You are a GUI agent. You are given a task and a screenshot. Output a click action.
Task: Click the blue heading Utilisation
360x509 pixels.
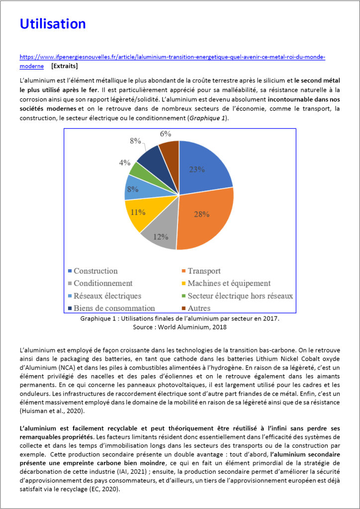point(52,23)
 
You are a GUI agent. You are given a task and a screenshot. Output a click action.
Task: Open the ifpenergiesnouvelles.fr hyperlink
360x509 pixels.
point(172,57)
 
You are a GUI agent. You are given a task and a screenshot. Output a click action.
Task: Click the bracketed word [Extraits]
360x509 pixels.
point(64,66)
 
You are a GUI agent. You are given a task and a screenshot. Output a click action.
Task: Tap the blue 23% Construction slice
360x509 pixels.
point(204,167)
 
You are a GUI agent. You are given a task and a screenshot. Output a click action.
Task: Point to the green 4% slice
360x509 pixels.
point(134,169)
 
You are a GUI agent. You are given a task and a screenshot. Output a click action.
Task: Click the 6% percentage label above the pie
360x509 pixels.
point(166,134)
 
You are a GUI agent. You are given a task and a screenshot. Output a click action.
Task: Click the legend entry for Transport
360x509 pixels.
point(204,271)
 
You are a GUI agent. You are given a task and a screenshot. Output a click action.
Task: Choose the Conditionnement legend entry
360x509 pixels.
point(103,283)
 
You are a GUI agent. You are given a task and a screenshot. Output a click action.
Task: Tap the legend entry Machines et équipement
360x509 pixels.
point(229,283)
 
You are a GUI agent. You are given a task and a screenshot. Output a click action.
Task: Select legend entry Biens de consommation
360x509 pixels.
point(114,308)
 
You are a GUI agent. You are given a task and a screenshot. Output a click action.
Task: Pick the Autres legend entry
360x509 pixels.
point(199,308)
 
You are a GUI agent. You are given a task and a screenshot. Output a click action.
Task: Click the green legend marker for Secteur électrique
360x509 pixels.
point(183,296)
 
